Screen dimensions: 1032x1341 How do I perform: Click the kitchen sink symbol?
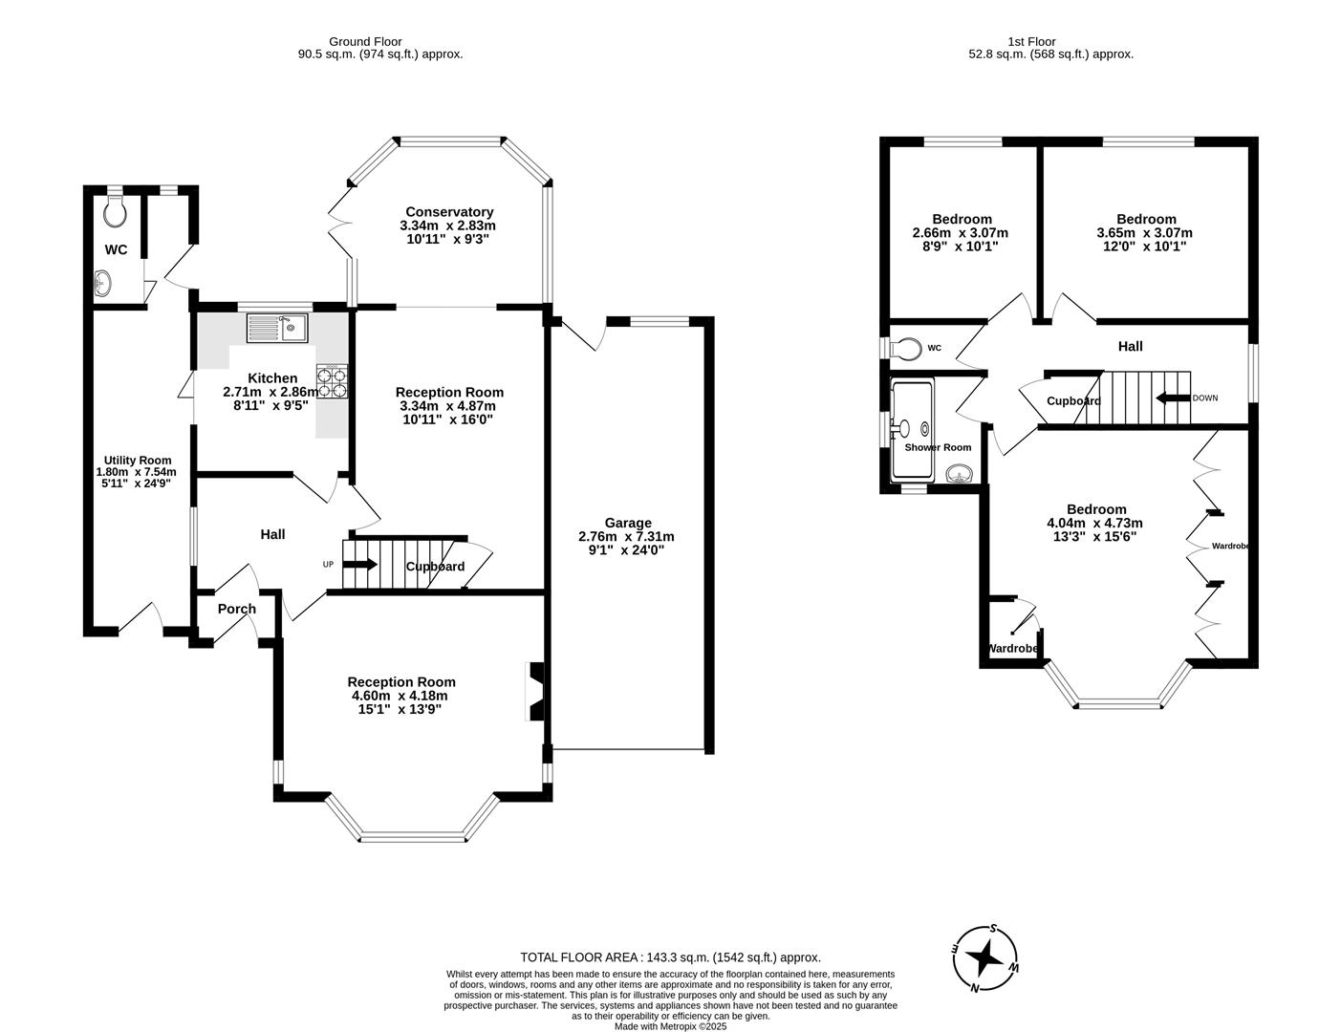tap(275, 328)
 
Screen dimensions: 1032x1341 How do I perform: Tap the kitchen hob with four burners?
tap(333, 381)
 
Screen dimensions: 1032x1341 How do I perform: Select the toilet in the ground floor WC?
tap(115, 212)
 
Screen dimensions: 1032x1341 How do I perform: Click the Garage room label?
tap(628, 523)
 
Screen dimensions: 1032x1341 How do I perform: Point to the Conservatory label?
tap(449, 212)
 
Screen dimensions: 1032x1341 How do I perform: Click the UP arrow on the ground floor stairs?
tap(360, 564)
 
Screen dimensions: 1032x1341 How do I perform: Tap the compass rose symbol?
tap(986, 958)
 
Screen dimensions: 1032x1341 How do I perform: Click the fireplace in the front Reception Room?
tap(536, 691)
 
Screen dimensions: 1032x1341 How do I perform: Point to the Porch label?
tap(236, 609)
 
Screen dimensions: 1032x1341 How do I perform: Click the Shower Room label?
tap(938, 447)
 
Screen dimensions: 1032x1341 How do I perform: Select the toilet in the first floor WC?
tap(905, 348)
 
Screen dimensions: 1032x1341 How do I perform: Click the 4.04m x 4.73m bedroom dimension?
tap(1095, 523)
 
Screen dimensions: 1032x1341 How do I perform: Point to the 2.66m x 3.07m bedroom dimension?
tap(961, 232)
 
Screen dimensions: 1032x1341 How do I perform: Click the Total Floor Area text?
tap(670, 957)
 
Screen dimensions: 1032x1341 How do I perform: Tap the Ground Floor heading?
tap(365, 41)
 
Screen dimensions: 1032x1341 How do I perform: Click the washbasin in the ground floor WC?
tap(103, 283)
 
